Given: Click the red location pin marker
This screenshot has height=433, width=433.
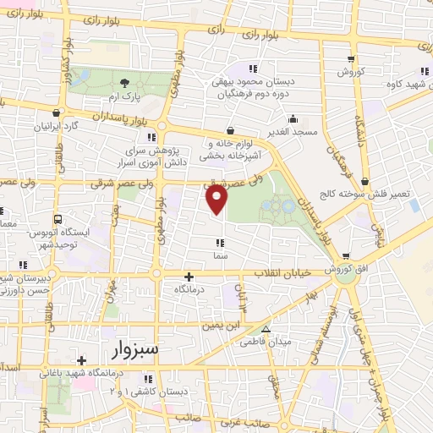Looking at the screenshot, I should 217,199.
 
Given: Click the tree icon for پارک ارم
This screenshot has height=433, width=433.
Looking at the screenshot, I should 125,82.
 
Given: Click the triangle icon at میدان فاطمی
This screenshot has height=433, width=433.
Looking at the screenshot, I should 266,329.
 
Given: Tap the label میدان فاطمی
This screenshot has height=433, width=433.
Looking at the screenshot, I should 274,342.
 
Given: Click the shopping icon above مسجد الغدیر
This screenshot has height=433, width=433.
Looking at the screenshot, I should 230,131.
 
